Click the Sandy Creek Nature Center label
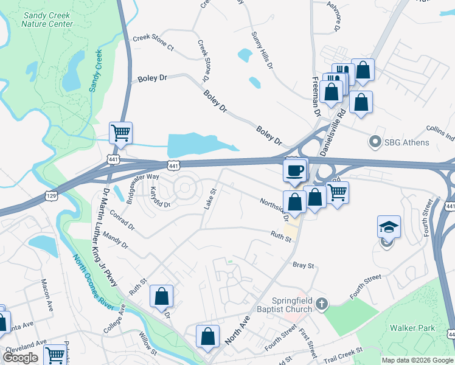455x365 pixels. [47, 20]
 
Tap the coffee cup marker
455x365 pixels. [295, 170]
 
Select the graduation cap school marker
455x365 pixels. [389, 228]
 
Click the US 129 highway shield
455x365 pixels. [51, 195]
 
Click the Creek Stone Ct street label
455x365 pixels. [153, 43]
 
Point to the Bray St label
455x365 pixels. [303, 265]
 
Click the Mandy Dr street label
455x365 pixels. [116, 239]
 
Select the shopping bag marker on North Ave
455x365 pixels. [207, 337]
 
